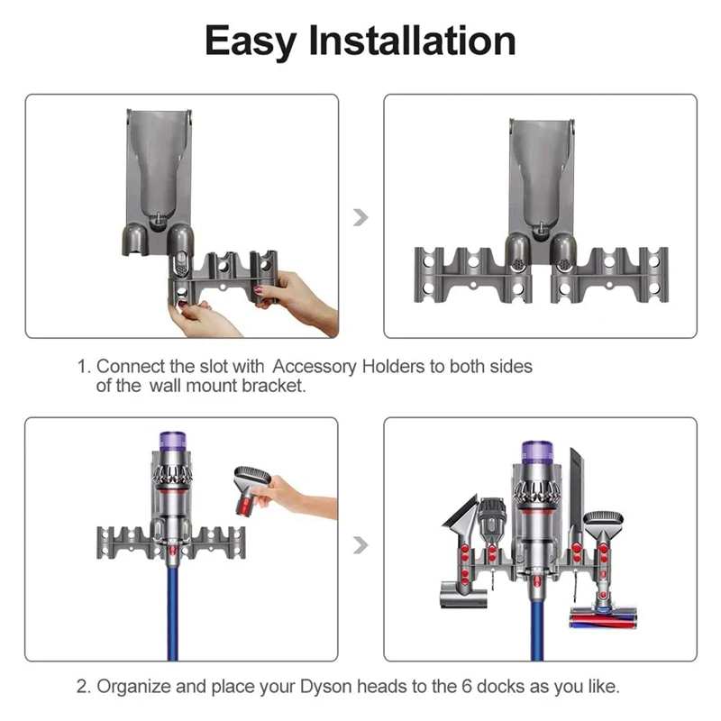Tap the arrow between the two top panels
(x=361, y=217)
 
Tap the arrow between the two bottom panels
(x=361, y=544)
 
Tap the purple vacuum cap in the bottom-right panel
(x=535, y=453)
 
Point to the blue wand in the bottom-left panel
(x=173, y=613)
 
